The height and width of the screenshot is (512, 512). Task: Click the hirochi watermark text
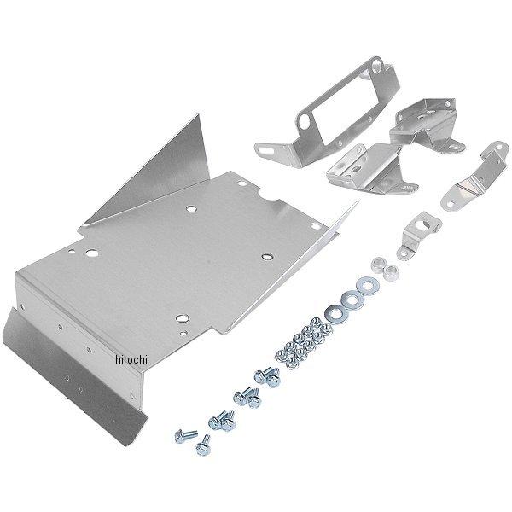[x=131, y=359]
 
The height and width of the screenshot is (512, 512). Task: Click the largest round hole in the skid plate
[x=92, y=253]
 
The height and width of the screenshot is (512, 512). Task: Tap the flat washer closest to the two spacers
[x=368, y=287]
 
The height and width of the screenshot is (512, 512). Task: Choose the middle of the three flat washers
[x=352, y=300]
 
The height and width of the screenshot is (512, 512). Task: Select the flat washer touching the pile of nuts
[x=335, y=312]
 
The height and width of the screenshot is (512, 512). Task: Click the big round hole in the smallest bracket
[x=426, y=224]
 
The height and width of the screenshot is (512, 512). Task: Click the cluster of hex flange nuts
[x=303, y=343]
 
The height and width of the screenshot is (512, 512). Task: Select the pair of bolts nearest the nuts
[x=268, y=376]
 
